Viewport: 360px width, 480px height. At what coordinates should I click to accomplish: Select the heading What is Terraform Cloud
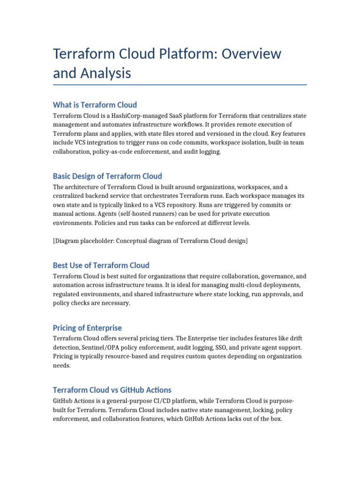point(95,105)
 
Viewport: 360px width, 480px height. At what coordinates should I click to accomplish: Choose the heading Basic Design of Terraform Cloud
point(107,176)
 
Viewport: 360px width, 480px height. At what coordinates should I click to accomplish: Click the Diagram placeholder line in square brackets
point(150,241)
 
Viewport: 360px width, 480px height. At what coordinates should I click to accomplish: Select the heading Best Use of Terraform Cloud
point(101,265)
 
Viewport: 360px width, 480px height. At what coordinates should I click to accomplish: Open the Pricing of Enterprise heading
point(87,328)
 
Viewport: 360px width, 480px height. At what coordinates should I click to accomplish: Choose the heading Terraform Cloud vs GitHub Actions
point(112,390)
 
